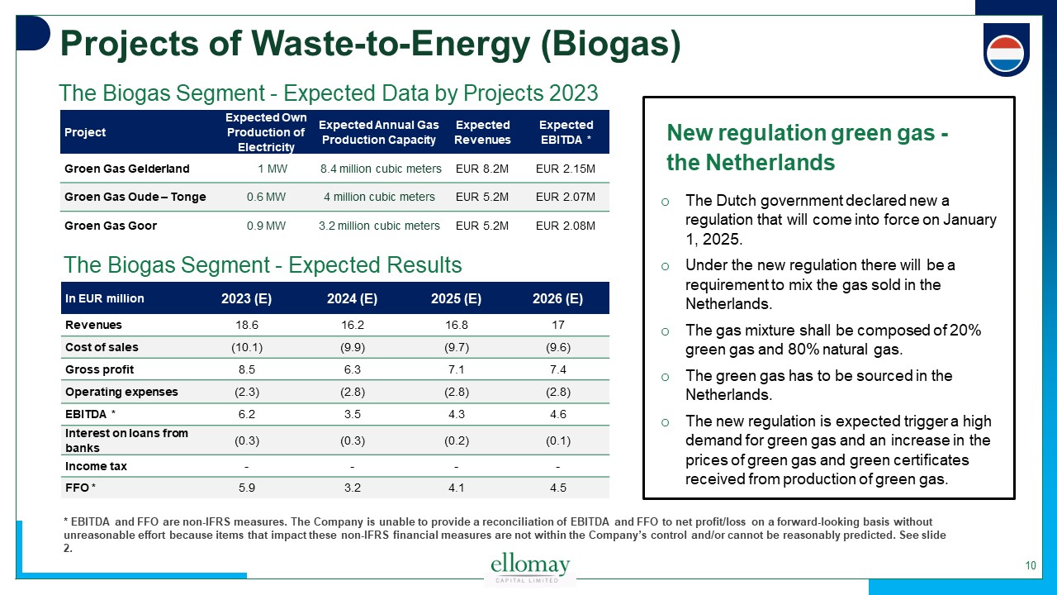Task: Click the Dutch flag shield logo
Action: [1006, 50]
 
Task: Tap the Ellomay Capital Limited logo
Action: [530, 569]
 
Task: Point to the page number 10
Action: [1031, 566]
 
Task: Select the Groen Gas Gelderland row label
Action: [127, 169]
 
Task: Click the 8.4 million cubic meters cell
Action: [380, 169]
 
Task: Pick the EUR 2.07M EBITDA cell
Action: [566, 197]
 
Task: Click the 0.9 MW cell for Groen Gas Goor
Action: [266, 226]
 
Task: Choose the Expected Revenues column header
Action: [482, 132]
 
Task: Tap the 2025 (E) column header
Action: [456, 298]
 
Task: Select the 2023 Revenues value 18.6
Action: [247, 326]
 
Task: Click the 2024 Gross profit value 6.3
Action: [353, 369]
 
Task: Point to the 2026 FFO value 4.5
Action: [557, 488]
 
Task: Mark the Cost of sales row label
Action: [102, 347]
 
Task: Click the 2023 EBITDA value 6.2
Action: [247, 414]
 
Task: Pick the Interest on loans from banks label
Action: [126, 440]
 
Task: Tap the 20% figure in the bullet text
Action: [964, 331]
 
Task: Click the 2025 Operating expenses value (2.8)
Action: [456, 392]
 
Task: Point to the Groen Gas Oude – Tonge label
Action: [135, 197]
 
